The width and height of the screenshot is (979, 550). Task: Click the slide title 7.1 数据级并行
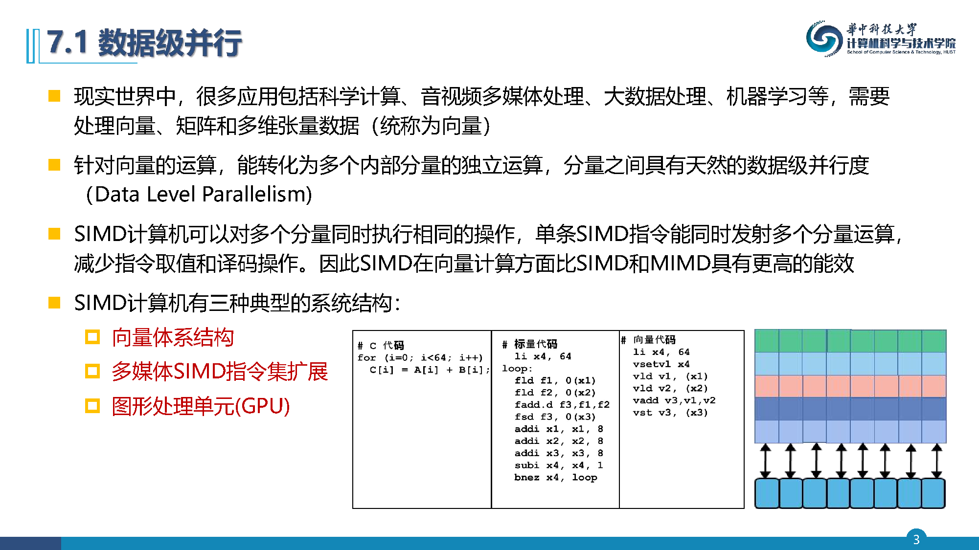[144, 43]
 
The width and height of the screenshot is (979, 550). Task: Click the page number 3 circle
[916, 539]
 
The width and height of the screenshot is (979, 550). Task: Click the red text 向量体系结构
[173, 337]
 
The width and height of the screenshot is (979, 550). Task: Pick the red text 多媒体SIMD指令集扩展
[220, 372]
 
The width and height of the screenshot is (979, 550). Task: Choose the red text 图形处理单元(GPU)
[201, 406]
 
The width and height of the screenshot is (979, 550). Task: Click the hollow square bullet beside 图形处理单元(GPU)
[92, 406]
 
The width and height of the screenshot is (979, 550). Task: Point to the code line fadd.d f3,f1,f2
[562, 405]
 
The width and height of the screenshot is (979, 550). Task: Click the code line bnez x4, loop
[556, 477]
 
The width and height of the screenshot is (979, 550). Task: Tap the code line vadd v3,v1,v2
[674, 400]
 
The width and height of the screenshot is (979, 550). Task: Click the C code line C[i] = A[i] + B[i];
[430, 370]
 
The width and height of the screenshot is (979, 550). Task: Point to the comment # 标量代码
[529, 344]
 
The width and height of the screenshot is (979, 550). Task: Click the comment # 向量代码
[648, 340]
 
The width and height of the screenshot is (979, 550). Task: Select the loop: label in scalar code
[517, 369]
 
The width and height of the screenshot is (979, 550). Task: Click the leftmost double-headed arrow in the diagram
[766, 461]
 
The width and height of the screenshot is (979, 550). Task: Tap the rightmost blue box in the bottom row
[933, 493]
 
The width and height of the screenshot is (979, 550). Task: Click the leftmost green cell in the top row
[767, 341]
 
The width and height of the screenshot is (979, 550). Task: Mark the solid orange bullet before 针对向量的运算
[54, 165]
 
